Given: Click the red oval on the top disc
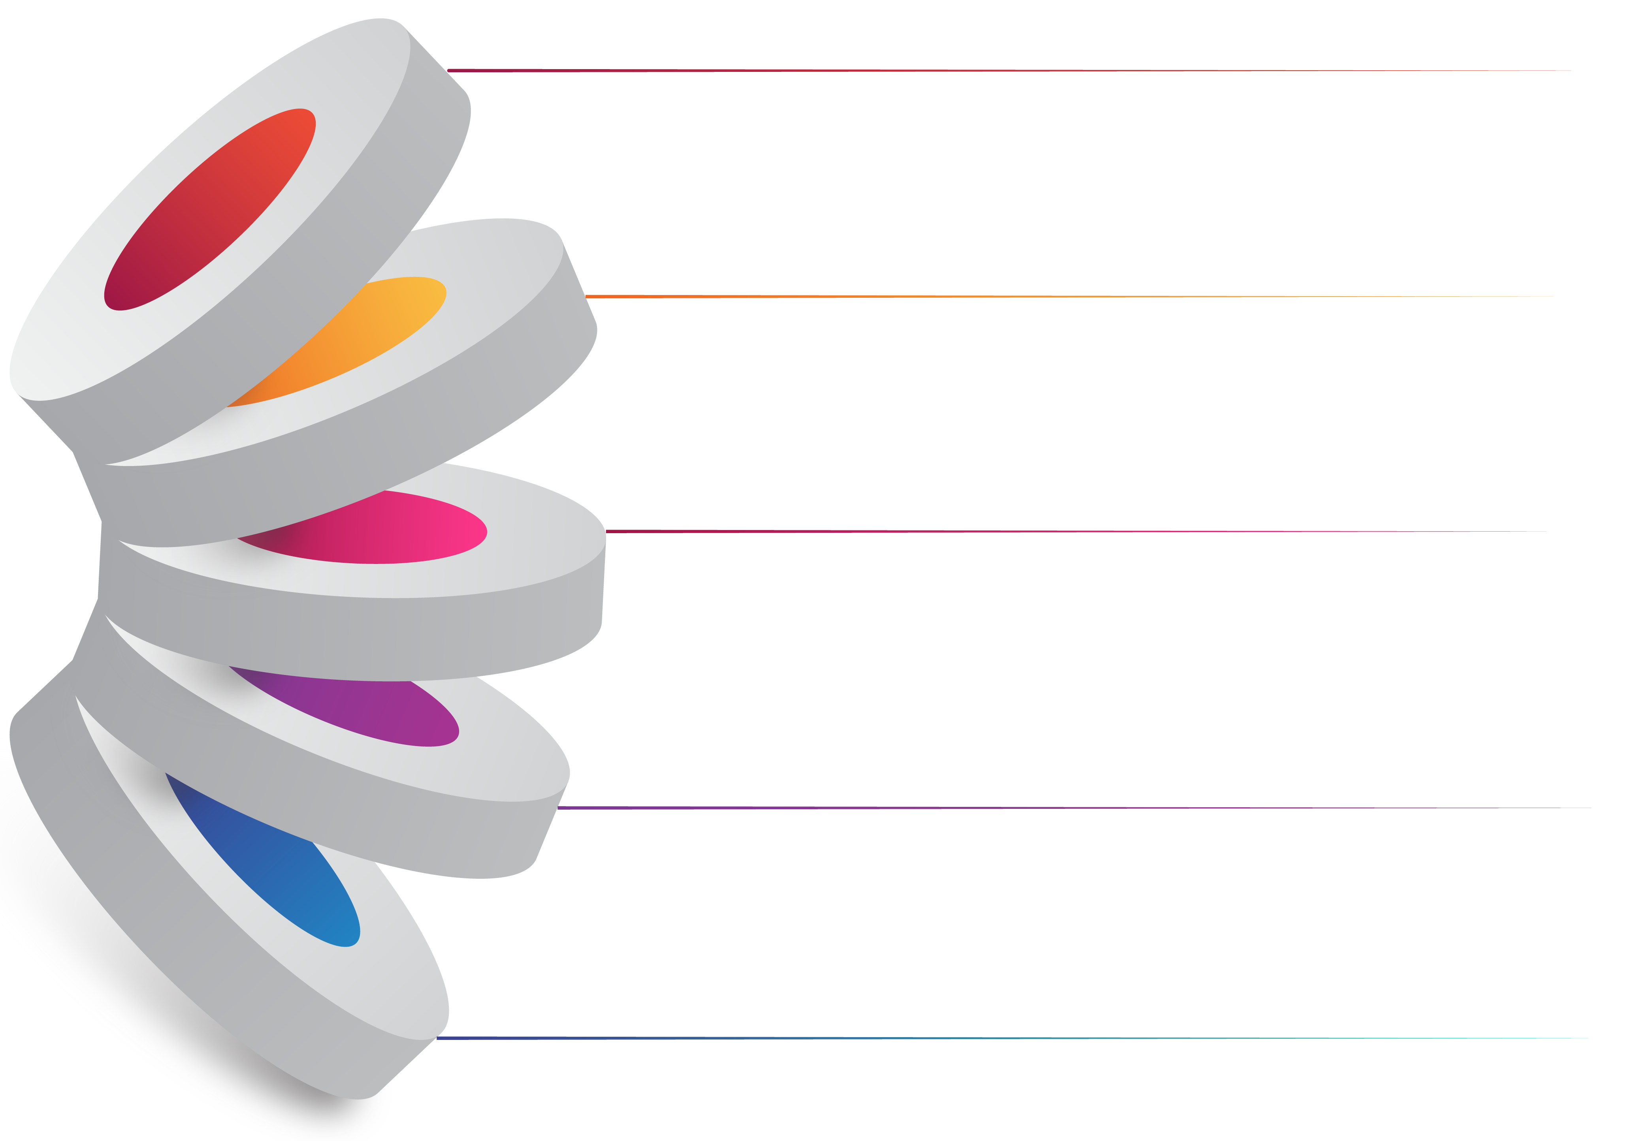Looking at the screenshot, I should pyautogui.click(x=209, y=209).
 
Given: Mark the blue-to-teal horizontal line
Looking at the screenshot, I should pyautogui.click(x=1001, y=1038).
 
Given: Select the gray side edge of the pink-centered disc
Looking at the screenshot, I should pyautogui.click(x=358, y=636).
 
